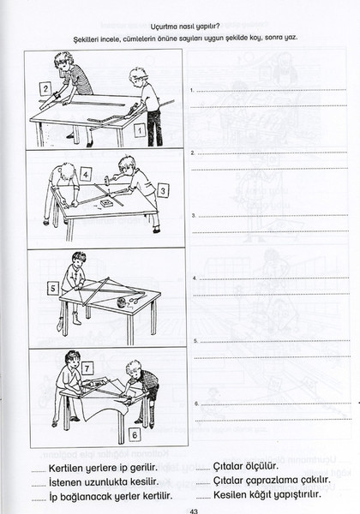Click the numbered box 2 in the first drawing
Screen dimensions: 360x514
point(45,88)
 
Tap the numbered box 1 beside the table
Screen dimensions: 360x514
point(140,130)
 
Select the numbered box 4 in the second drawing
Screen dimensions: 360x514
point(86,175)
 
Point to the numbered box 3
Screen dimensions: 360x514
point(163,190)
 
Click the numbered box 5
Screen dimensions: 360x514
point(53,289)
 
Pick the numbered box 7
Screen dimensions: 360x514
point(87,368)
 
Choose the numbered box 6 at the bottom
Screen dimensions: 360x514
point(135,434)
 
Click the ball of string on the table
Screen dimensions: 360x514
point(123,302)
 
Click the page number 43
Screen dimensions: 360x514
point(194,511)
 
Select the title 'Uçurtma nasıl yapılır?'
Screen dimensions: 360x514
point(185,27)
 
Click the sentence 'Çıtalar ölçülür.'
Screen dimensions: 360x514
point(246,466)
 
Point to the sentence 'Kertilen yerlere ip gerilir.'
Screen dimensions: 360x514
point(103,468)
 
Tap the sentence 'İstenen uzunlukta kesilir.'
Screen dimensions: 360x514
point(104,482)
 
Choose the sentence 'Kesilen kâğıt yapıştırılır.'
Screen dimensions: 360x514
point(267,494)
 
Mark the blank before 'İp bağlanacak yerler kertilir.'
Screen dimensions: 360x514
point(39,499)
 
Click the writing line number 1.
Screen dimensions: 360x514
point(271,90)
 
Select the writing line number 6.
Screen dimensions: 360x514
point(275,403)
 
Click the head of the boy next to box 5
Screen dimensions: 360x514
point(79,258)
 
